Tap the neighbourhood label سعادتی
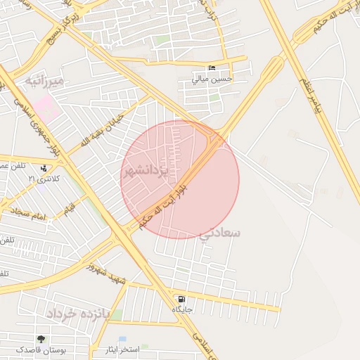click(x=220, y=232)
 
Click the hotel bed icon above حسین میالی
click(x=212, y=68)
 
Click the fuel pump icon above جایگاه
click(x=182, y=298)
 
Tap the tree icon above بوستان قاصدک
click(x=41, y=339)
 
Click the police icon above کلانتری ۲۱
click(x=45, y=168)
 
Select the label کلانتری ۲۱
click(x=44, y=179)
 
